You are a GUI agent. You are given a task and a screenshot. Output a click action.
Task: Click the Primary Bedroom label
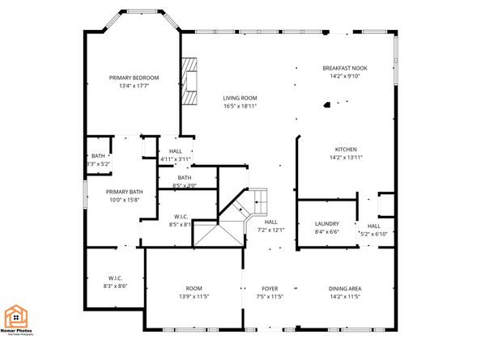tap(134, 78)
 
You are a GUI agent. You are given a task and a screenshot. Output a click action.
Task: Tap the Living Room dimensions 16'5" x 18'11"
tap(240, 106)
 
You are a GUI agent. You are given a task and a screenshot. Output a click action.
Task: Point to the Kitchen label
tap(347, 149)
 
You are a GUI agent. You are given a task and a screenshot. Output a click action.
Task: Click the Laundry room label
tap(327, 223)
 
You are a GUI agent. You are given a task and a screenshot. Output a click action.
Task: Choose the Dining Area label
tap(345, 289)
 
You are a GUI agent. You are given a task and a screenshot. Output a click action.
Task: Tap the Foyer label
tap(269, 289)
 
